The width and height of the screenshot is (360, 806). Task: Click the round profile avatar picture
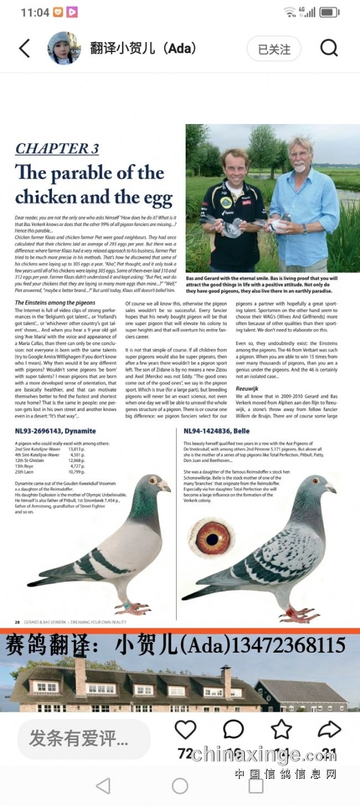[64, 48]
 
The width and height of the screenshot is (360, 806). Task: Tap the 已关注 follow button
[274, 49]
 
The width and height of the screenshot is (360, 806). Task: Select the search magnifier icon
[329, 48]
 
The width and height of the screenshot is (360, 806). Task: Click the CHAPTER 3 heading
[57, 148]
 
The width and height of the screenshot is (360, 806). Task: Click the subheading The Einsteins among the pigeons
[55, 303]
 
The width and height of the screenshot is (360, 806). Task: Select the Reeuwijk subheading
[248, 389]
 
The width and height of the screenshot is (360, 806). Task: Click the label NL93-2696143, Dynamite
[55, 431]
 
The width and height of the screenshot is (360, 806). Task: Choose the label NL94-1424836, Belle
[217, 431]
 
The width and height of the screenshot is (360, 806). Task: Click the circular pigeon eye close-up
[212, 537]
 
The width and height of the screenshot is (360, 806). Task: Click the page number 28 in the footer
[18, 622]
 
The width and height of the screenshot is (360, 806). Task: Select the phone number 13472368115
[289, 645]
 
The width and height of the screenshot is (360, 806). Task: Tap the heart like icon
[186, 730]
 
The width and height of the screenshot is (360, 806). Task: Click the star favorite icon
[281, 730]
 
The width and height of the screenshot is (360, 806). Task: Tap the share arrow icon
[329, 730]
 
